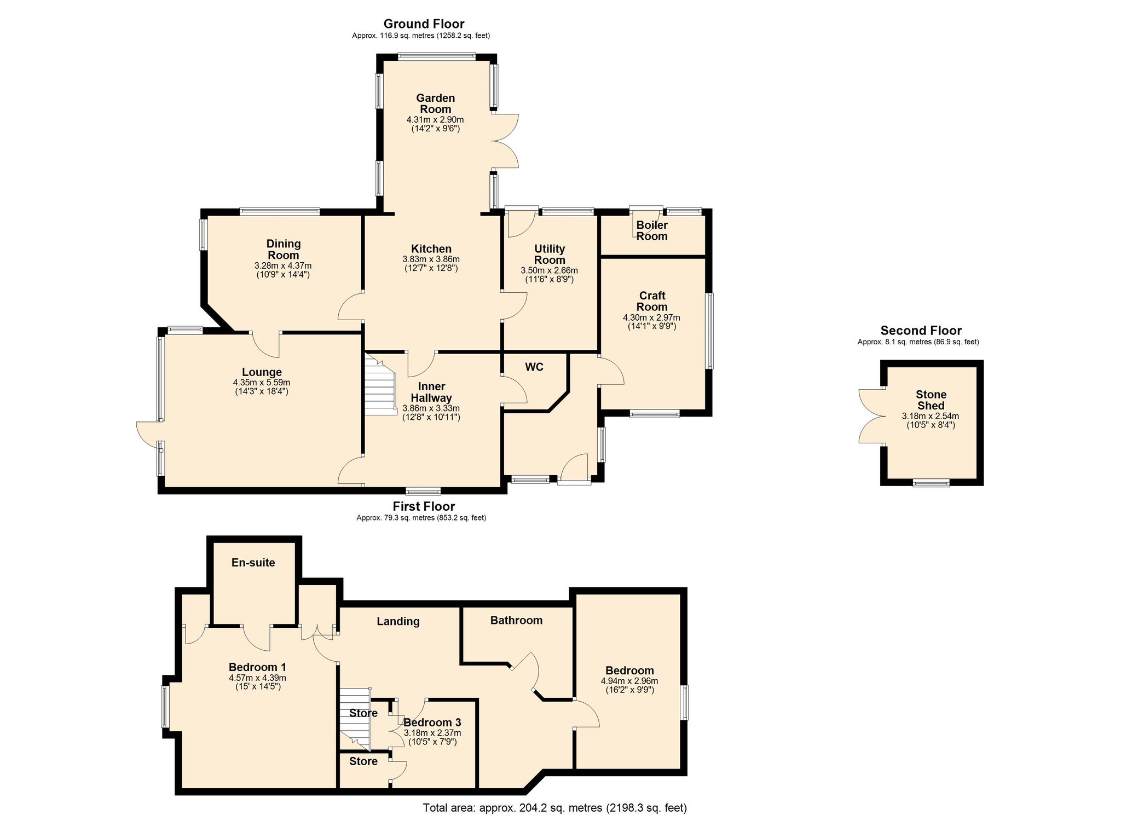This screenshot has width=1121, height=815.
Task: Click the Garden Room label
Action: pyautogui.click(x=435, y=103)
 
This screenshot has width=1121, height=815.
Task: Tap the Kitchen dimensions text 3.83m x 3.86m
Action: pyautogui.click(x=431, y=259)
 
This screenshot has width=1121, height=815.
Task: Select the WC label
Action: pyautogui.click(x=534, y=367)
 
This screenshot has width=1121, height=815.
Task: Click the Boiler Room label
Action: pyautogui.click(x=651, y=230)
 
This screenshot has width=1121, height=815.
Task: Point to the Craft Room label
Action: pyautogui.click(x=652, y=302)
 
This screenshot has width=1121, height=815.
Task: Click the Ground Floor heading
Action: pyautogui.click(x=424, y=24)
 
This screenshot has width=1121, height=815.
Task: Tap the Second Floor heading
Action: pyautogui.click(x=921, y=331)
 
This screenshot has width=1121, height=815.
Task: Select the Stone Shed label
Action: pyautogui.click(x=931, y=400)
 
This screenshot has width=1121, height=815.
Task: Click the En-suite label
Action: pyautogui.click(x=253, y=563)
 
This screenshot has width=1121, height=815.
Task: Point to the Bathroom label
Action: pyautogui.click(x=516, y=620)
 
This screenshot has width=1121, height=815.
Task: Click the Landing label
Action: pyautogui.click(x=398, y=621)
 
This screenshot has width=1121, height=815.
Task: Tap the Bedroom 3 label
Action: pyautogui.click(x=432, y=722)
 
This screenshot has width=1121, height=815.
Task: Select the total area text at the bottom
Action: pyautogui.click(x=554, y=808)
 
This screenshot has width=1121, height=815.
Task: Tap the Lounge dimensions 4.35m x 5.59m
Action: pyautogui.click(x=261, y=383)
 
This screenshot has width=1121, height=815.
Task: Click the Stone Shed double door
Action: pyautogui.click(x=870, y=416)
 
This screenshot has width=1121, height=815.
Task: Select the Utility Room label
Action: pyautogui.click(x=549, y=255)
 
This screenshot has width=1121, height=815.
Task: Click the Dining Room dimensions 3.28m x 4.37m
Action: pyautogui.click(x=283, y=265)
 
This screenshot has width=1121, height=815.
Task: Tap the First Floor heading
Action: pyautogui.click(x=424, y=506)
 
